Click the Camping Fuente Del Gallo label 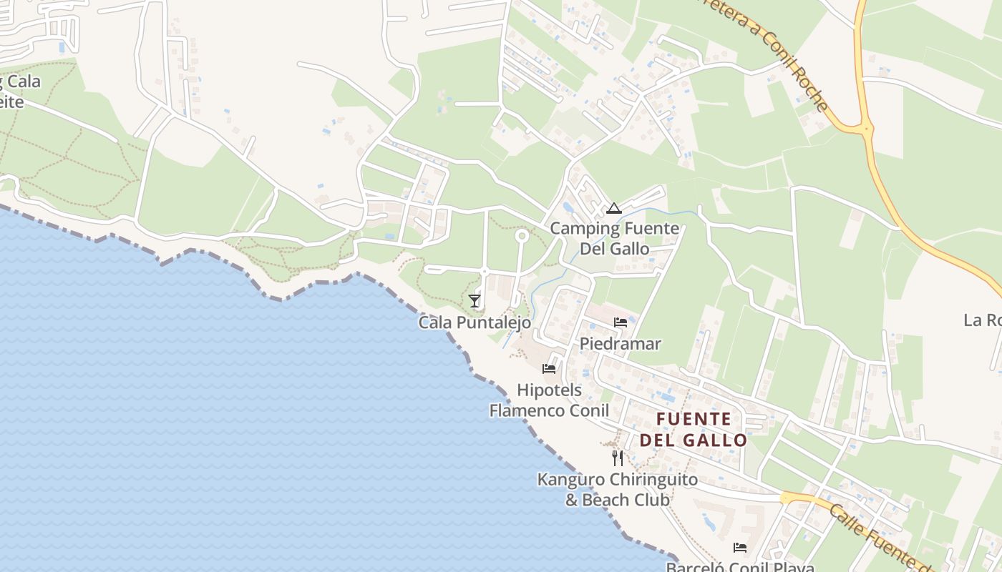pos(614,239)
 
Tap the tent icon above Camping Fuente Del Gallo pos(613,209)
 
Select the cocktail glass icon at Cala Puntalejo pos(475,301)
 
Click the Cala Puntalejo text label pos(475,322)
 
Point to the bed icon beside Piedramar pos(621,322)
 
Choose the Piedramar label pos(621,344)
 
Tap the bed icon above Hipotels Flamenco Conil pos(549,369)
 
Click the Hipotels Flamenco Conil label pos(549,400)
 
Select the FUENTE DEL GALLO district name pos(693,429)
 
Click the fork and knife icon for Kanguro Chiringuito pos(618,458)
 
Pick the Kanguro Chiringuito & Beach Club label pos(618,489)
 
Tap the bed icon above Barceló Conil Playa pos(740,548)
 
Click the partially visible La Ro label pos(982,320)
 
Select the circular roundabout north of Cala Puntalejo pos(522,235)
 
